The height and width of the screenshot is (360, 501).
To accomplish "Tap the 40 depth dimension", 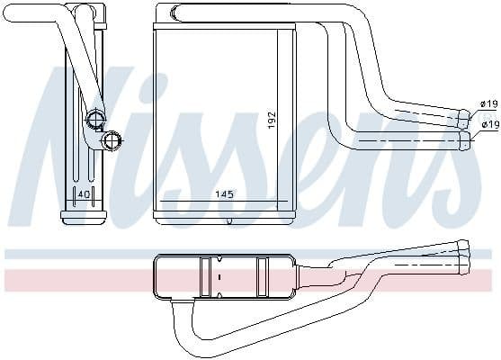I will coord(83,194).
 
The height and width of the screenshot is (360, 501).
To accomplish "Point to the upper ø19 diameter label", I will coord(489,104).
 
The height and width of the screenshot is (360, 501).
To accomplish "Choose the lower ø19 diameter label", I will coord(489,124).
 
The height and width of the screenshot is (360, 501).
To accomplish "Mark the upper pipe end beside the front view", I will coord(465,115).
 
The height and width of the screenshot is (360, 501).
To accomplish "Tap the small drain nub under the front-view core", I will coord(229,221).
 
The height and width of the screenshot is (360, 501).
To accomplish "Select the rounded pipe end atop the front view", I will coord(163,12).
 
